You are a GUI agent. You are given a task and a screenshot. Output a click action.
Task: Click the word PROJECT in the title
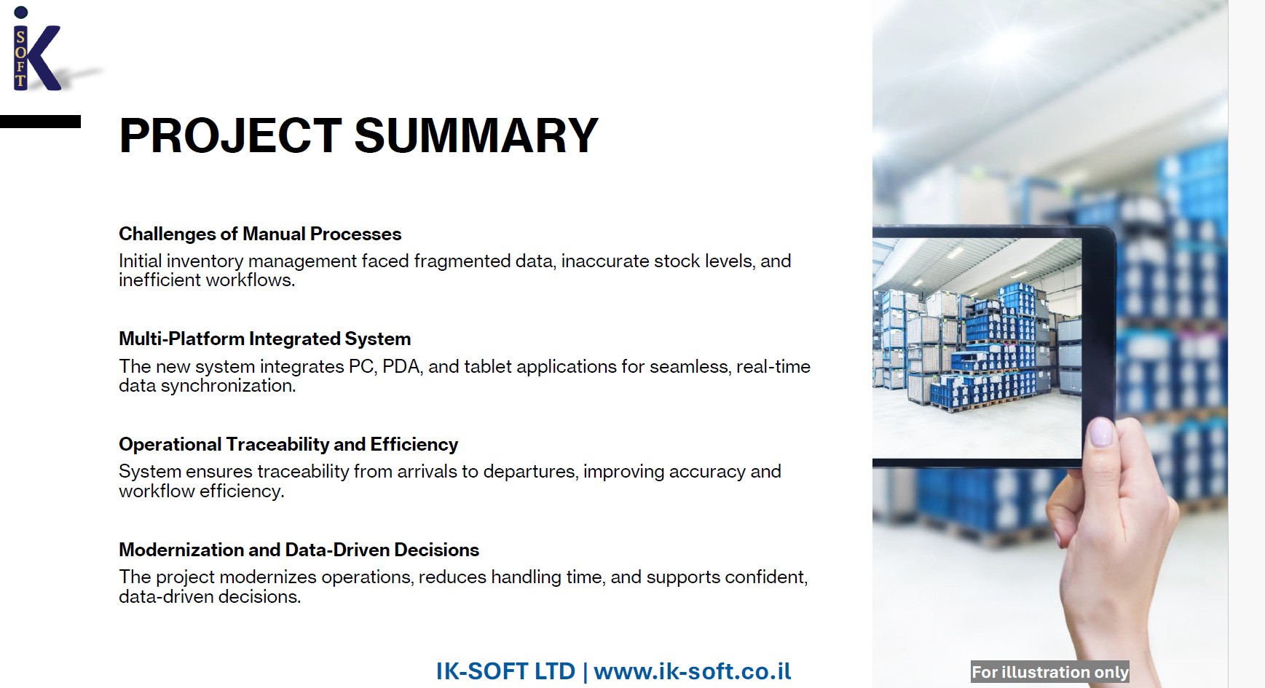click(230, 136)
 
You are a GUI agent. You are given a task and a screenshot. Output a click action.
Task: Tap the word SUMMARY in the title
click(476, 136)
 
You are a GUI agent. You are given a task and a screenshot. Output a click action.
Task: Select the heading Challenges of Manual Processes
click(260, 234)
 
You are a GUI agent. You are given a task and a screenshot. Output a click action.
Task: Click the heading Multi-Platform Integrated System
click(264, 339)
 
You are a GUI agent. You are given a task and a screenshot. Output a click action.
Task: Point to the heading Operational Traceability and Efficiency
click(288, 444)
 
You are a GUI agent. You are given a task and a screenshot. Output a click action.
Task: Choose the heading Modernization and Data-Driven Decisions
click(299, 550)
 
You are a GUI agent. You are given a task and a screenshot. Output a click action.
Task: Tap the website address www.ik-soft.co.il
click(693, 671)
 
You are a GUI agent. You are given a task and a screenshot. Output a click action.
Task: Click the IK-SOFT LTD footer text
click(505, 671)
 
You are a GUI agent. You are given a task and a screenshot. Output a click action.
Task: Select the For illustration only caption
click(1049, 672)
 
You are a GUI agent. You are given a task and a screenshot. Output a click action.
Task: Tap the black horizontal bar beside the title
click(40, 122)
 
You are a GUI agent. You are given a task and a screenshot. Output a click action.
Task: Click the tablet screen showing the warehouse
click(977, 348)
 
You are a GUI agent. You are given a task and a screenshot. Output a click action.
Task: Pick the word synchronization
click(228, 386)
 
